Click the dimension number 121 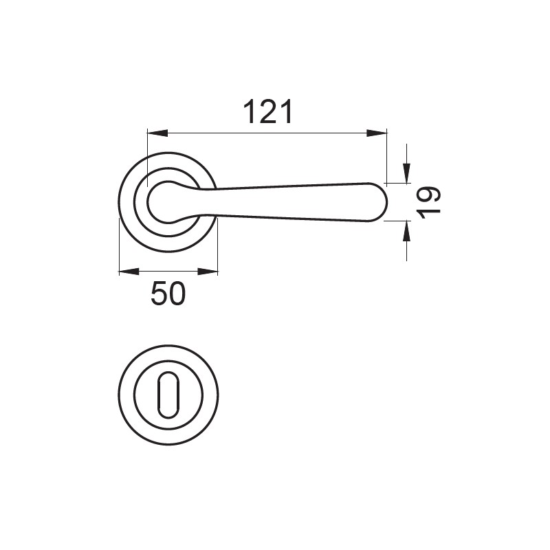click(x=267, y=111)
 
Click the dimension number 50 click(x=168, y=293)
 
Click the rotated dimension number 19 click(x=428, y=202)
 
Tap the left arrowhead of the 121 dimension click(x=157, y=133)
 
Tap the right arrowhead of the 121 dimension click(x=377, y=133)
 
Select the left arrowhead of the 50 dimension click(x=129, y=272)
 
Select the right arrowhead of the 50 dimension click(x=208, y=272)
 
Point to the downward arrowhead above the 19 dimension click(x=406, y=173)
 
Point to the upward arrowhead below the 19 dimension click(x=406, y=231)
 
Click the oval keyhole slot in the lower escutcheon click(x=168, y=395)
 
